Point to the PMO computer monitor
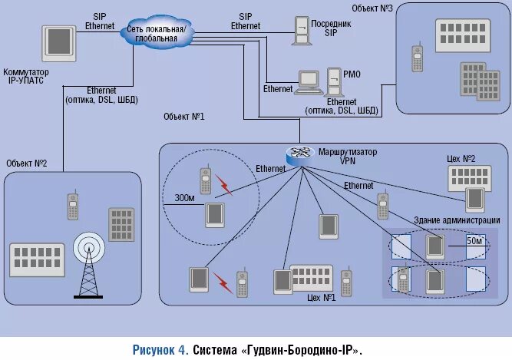309,80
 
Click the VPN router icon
296,156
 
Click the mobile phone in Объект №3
417,59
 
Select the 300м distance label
185,197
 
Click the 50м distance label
475,241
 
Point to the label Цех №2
461,158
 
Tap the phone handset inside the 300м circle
205,181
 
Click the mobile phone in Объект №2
73,206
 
